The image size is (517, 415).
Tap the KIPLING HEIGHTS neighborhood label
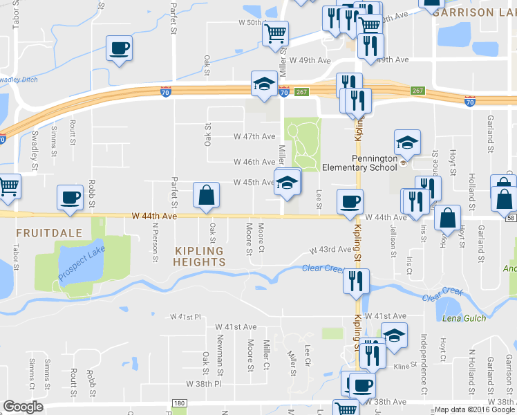click(x=190, y=256)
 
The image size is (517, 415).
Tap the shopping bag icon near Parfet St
click(x=207, y=196)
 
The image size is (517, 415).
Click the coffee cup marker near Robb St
click(x=70, y=196)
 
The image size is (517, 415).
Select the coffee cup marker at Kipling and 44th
click(x=349, y=201)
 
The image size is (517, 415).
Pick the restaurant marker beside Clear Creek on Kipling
click(x=357, y=281)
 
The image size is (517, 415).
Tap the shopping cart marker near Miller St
click(x=275, y=33)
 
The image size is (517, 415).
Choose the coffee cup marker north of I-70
click(x=119, y=48)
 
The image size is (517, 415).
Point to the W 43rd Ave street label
click(x=331, y=250)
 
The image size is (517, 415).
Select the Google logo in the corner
click(x=23, y=407)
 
